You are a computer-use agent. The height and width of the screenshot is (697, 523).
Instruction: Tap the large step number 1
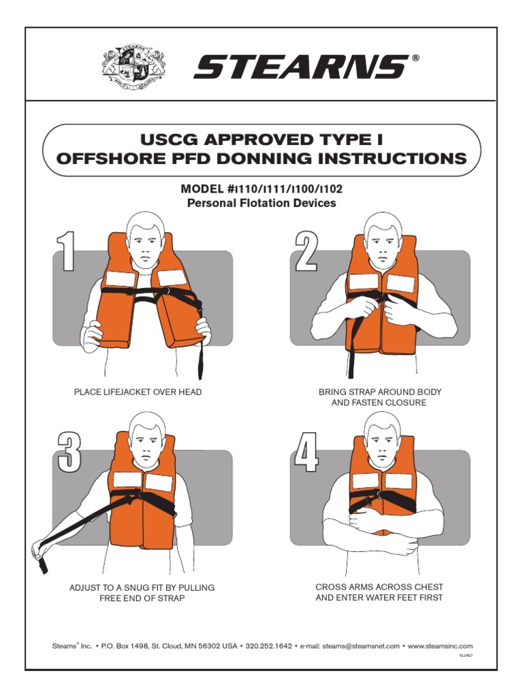65,251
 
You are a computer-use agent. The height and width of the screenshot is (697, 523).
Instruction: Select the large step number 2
306,251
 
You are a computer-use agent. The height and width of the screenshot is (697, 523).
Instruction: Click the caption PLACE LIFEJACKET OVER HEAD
138,392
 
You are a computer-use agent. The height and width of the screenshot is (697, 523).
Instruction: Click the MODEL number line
261,188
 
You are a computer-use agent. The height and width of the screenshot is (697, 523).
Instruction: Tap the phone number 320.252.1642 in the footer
268,646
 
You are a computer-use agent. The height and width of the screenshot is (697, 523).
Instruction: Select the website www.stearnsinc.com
440,646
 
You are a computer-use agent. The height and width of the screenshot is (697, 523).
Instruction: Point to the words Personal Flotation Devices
261,203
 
